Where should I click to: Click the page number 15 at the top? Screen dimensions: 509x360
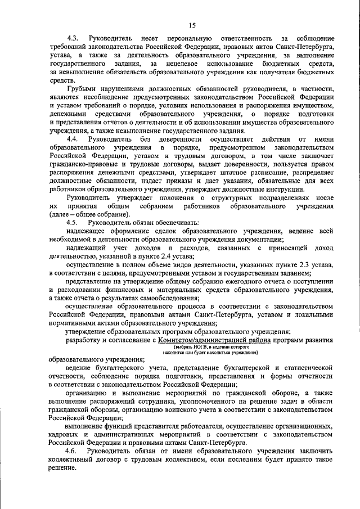[192, 25]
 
